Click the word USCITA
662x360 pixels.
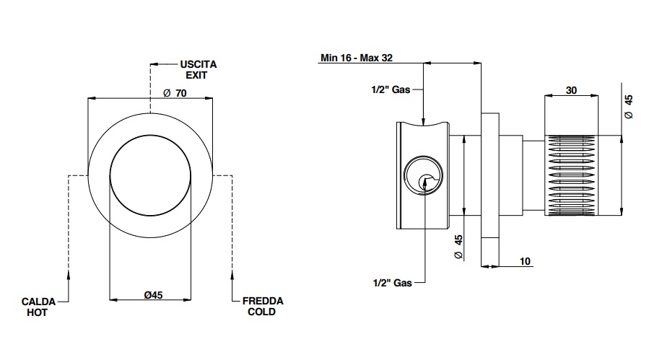(x=199, y=65)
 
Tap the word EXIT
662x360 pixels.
(x=196, y=76)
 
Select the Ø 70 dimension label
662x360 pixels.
(x=175, y=93)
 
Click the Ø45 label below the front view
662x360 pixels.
(x=153, y=295)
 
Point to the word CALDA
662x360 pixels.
(x=38, y=302)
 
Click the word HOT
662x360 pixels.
(x=37, y=312)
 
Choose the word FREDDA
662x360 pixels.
(x=263, y=302)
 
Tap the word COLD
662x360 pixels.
(x=262, y=312)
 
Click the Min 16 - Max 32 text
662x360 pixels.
(x=357, y=58)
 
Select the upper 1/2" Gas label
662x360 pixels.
(x=391, y=89)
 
